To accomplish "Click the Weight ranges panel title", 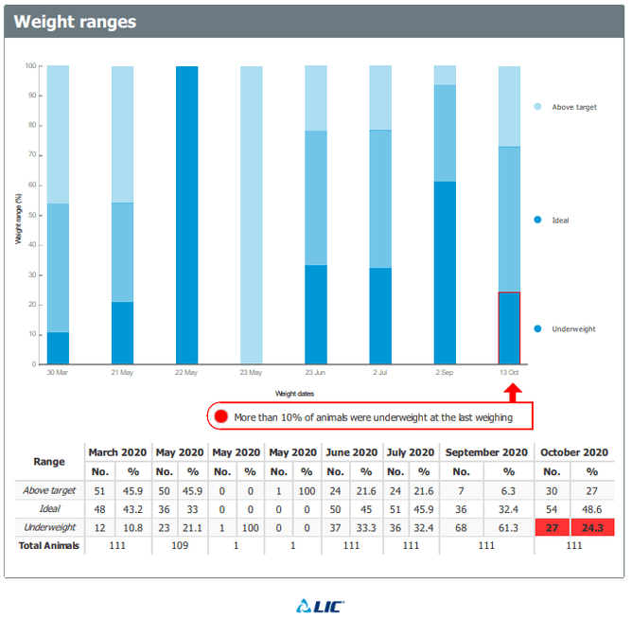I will [75, 22].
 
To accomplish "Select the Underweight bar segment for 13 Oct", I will [509, 327].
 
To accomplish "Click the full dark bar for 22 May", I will [187, 215].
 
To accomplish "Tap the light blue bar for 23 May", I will [252, 215].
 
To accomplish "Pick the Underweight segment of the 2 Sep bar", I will [445, 273].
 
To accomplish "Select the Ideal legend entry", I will [559, 220].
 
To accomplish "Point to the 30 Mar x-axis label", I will [59, 372].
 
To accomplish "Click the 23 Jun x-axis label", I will [315, 372].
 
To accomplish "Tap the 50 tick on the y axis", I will [31, 215].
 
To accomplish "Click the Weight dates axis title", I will [294, 393].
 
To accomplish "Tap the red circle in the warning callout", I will [221, 415].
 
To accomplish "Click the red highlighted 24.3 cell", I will [592, 527].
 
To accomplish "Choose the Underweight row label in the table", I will [49, 527].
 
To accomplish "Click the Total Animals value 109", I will [179, 546].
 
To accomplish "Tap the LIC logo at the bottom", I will [315, 605].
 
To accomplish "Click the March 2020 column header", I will [118, 452].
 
